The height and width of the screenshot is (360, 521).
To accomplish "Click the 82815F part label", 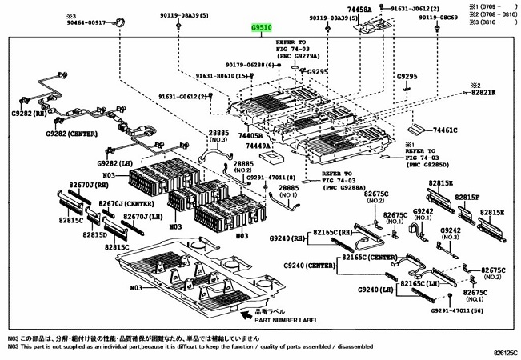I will click(470, 197).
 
